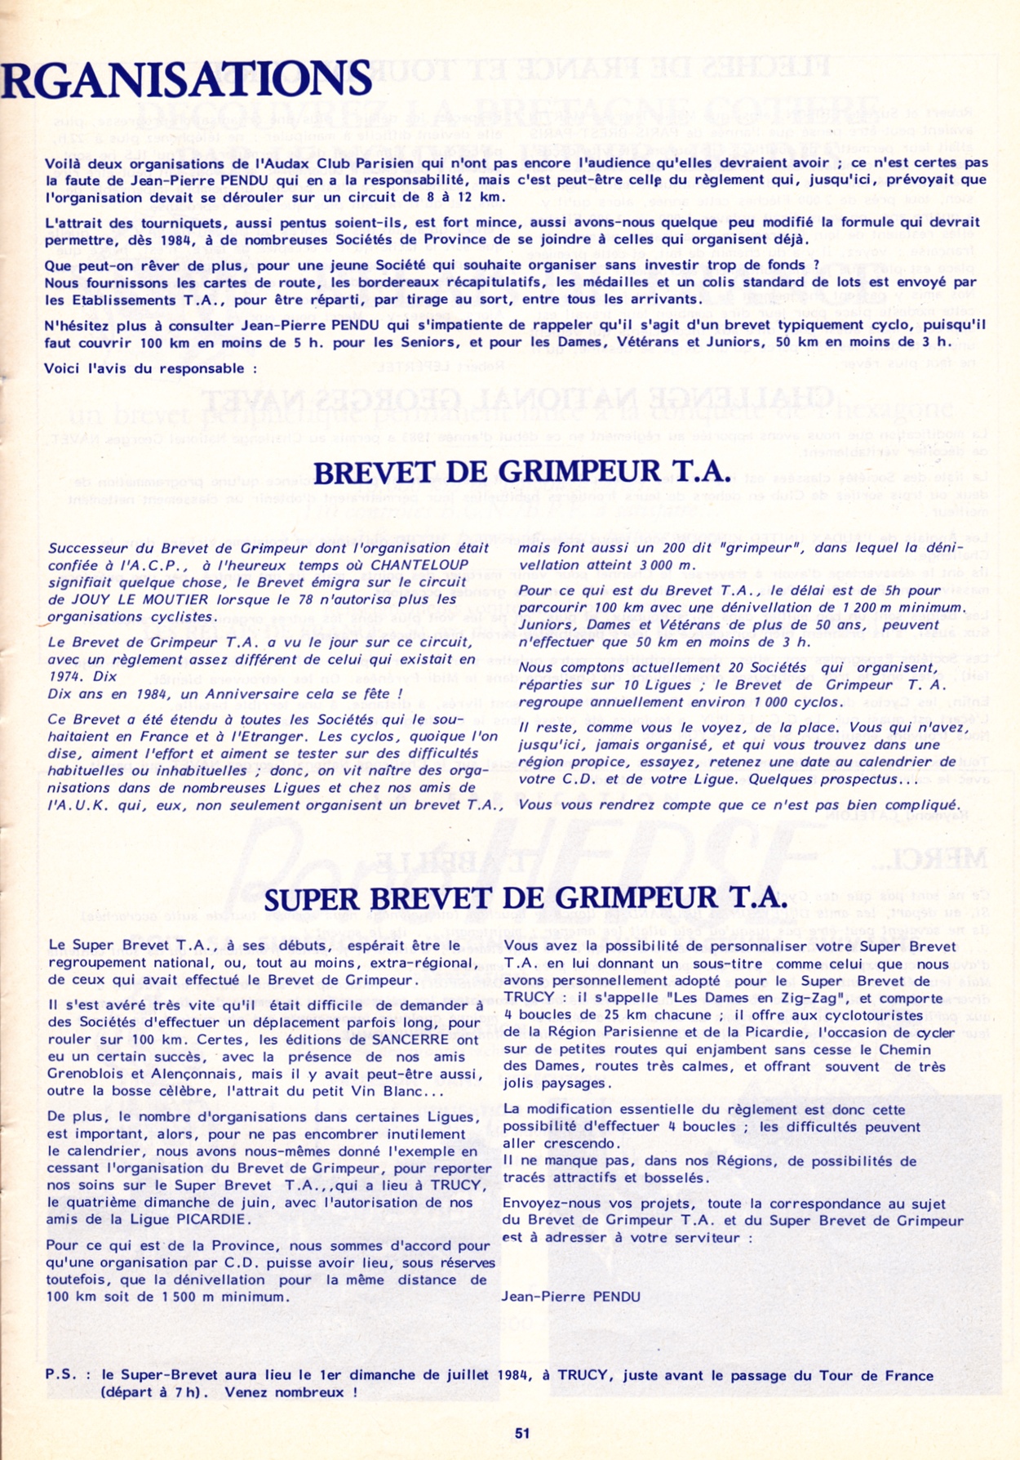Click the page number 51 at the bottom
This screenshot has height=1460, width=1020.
click(522, 1433)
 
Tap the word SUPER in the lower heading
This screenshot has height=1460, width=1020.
click(310, 899)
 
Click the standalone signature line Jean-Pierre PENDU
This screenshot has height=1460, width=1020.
click(570, 1296)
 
